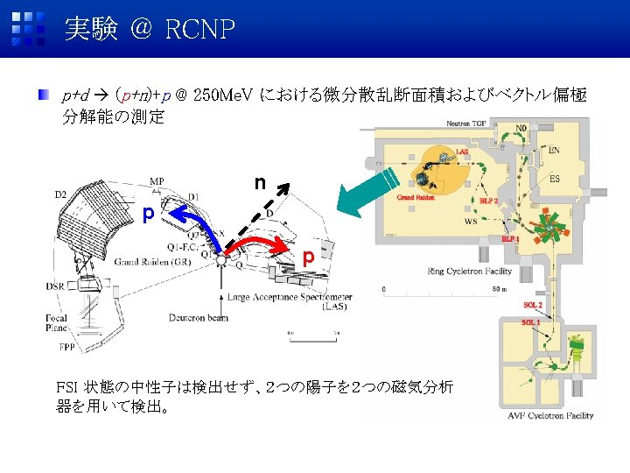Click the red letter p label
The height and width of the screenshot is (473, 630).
pyautogui.click(x=308, y=258)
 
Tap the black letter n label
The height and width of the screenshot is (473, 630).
pyautogui.click(x=260, y=183)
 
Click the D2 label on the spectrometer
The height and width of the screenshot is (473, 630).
pyautogui.click(x=61, y=193)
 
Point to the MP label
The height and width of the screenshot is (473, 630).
pyautogui.click(x=157, y=182)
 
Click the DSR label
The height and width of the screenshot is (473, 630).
pyautogui.click(x=57, y=286)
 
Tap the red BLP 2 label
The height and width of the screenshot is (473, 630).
pyautogui.click(x=489, y=201)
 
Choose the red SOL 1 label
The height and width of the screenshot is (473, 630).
pyautogui.click(x=530, y=322)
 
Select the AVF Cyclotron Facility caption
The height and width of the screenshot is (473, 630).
pyautogui.click(x=550, y=415)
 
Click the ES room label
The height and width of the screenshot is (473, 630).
pyautogui.click(x=555, y=180)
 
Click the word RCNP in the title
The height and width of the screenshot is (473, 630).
pyautogui.click(x=199, y=31)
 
